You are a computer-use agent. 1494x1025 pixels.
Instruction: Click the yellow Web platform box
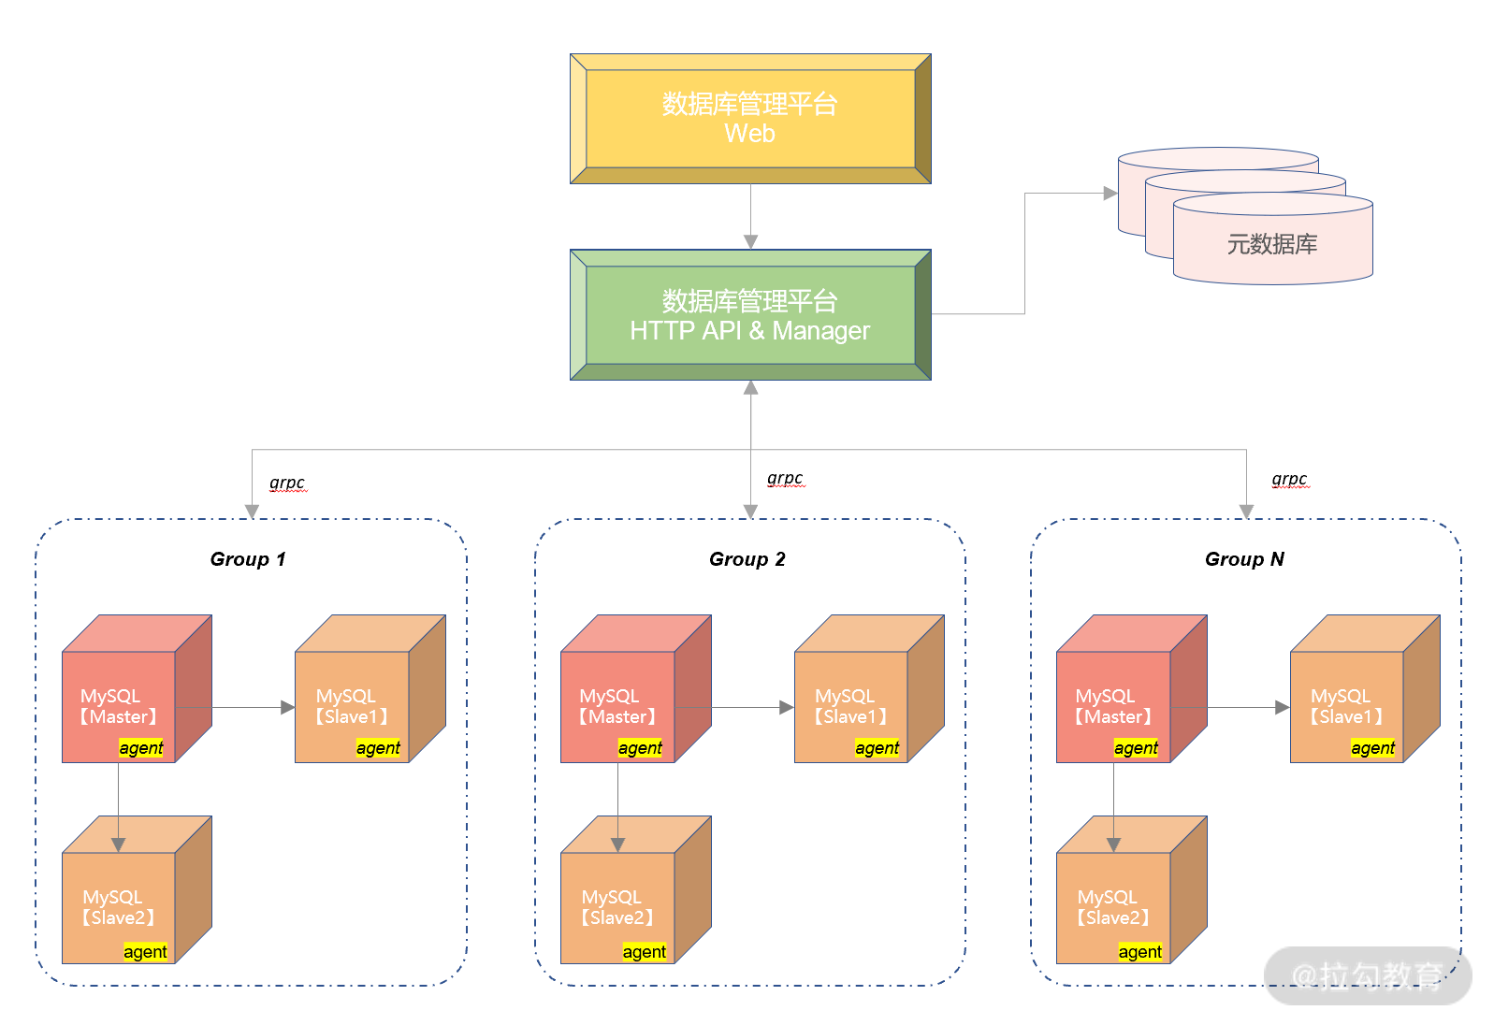click(749, 119)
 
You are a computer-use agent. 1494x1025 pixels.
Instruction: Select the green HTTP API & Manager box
click(749, 315)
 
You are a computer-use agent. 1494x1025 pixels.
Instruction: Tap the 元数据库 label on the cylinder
click(1271, 245)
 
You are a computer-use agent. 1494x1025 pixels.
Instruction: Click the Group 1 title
click(248, 559)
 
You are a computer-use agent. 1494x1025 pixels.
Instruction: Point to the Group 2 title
click(747, 559)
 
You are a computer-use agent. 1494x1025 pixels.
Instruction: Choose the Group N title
click(1244, 559)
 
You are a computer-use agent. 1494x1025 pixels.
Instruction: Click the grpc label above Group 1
click(287, 483)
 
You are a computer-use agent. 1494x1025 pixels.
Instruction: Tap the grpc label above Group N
click(1289, 479)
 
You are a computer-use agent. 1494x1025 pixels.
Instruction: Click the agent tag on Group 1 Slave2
click(145, 952)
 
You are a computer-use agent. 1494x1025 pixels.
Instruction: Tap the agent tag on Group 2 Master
click(640, 748)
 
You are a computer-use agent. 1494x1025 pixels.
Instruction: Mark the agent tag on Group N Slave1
click(1372, 748)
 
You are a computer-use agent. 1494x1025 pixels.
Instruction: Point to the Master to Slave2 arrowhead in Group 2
click(617, 845)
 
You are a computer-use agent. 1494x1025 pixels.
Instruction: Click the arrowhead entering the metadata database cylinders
click(1110, 194)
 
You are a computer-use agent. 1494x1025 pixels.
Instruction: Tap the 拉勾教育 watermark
click(1367, 976)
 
